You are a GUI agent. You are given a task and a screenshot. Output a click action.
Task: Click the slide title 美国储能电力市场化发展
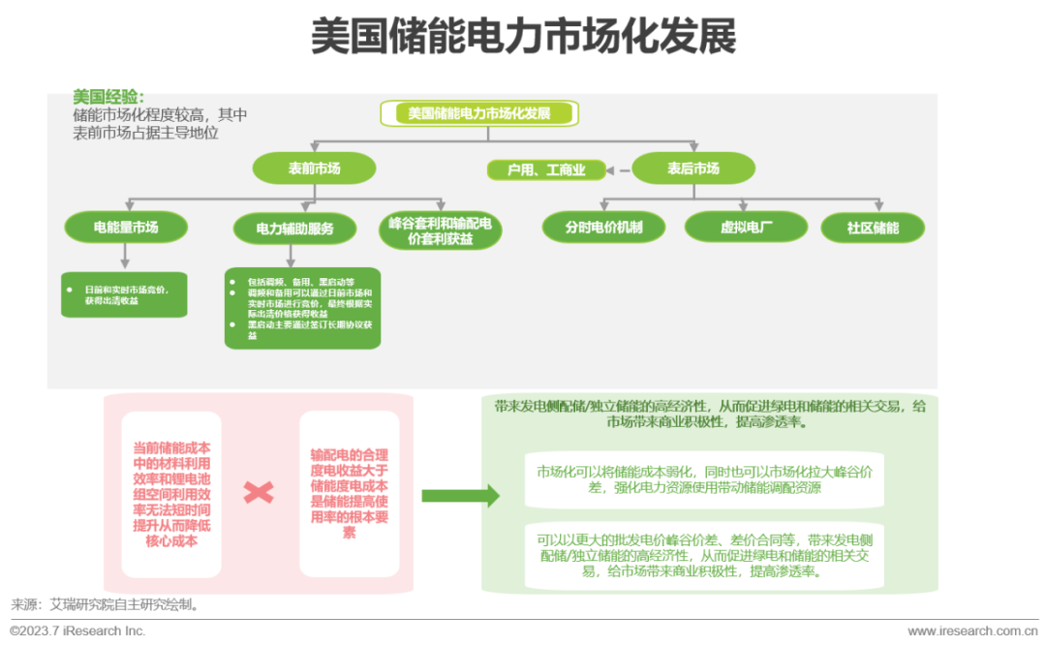point(523,38)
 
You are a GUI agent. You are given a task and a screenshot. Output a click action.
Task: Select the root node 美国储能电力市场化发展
point(479,113)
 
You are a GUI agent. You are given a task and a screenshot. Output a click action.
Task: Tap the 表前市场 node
point(314,169)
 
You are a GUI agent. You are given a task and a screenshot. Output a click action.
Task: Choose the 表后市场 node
point(692,169)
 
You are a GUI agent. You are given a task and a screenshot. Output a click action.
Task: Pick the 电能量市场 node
point(126,228)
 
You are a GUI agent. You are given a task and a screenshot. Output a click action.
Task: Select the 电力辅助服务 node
point(294,229)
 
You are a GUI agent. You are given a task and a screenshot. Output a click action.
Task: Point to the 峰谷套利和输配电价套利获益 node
point(440,231)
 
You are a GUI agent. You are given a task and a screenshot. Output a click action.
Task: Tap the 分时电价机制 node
point(603,228)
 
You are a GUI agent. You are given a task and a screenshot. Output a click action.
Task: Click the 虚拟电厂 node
point(746,228)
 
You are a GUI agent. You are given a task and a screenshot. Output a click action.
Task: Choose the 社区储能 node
point(872,229)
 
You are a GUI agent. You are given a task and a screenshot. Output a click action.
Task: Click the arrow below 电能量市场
point(125,256)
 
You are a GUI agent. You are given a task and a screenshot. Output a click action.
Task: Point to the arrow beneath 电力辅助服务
point(292,255)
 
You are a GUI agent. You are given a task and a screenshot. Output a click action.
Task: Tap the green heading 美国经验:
point(108,97)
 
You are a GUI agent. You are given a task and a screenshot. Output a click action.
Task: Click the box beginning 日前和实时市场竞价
point(125,294)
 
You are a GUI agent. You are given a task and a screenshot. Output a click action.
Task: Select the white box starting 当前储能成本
point(171,494)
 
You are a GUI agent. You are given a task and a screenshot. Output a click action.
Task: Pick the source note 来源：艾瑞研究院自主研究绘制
point(106,604)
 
